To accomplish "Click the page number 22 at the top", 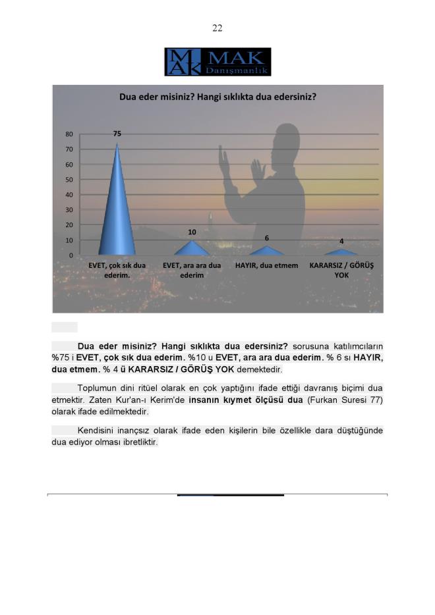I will pyautogui.click(x=217, y=28).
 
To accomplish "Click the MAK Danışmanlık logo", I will pyautogui.click(x=217, y=61).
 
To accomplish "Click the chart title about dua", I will pyautogui.click(x=217, y=97).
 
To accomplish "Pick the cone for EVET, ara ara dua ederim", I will pyautogui.click(x=192, y=249).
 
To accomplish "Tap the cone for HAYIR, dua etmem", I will pyautogui.click(x=266, y=251).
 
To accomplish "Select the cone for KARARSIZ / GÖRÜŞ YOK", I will pyautogui.click(x=341, y=252).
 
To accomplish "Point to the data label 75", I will pyautogui.click(x=117, y=134).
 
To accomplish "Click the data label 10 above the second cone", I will pyautogui.click(x=192, y=232).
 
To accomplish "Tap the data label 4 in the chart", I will pyautogui.click(x=341, y=241).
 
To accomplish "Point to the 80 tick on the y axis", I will pyautogui.click(x=69, y=134).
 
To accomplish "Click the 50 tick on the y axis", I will pyautogui.click(x=69, y=180).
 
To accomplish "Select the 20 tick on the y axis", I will pyautogui.click(x=69, y=225).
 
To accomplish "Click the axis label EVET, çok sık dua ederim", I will pyautogui.click(x=117, y=270).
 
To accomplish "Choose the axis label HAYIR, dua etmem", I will pyautogui.click(x=266, y=265).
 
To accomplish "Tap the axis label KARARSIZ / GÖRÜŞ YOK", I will pyautogui.click(x=341, y=270).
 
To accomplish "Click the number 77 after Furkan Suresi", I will pyautogui.click(x=376, y=400).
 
